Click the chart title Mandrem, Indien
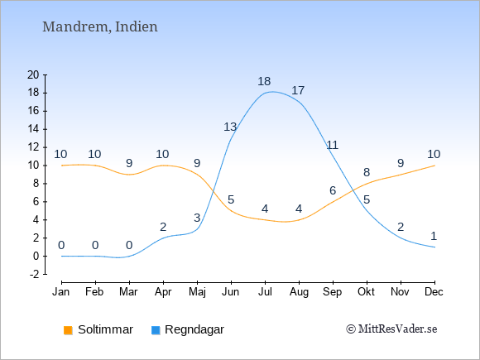coord(100,27)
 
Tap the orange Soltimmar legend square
coord(68,330)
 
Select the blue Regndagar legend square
coord(156,330)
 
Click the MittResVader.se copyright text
coord(391,329)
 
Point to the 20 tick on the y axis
coord(33,74)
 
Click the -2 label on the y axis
coord(35,274)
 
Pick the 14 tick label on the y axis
coord(33,129)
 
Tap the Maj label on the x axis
coord(197,292)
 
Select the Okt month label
coord(366,292)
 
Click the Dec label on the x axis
coord(434,292)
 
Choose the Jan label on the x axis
coord(61,292)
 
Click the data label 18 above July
coord(264,81)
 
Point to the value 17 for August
coord(298,90)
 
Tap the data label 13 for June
coord(230,127)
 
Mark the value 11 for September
coord(333,145)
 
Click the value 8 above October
coord(367,172)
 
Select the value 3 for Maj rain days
coord(197,218)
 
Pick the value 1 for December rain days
coord(434,236)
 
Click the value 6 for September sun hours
coord(333,190)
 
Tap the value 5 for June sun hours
coord(231,200)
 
